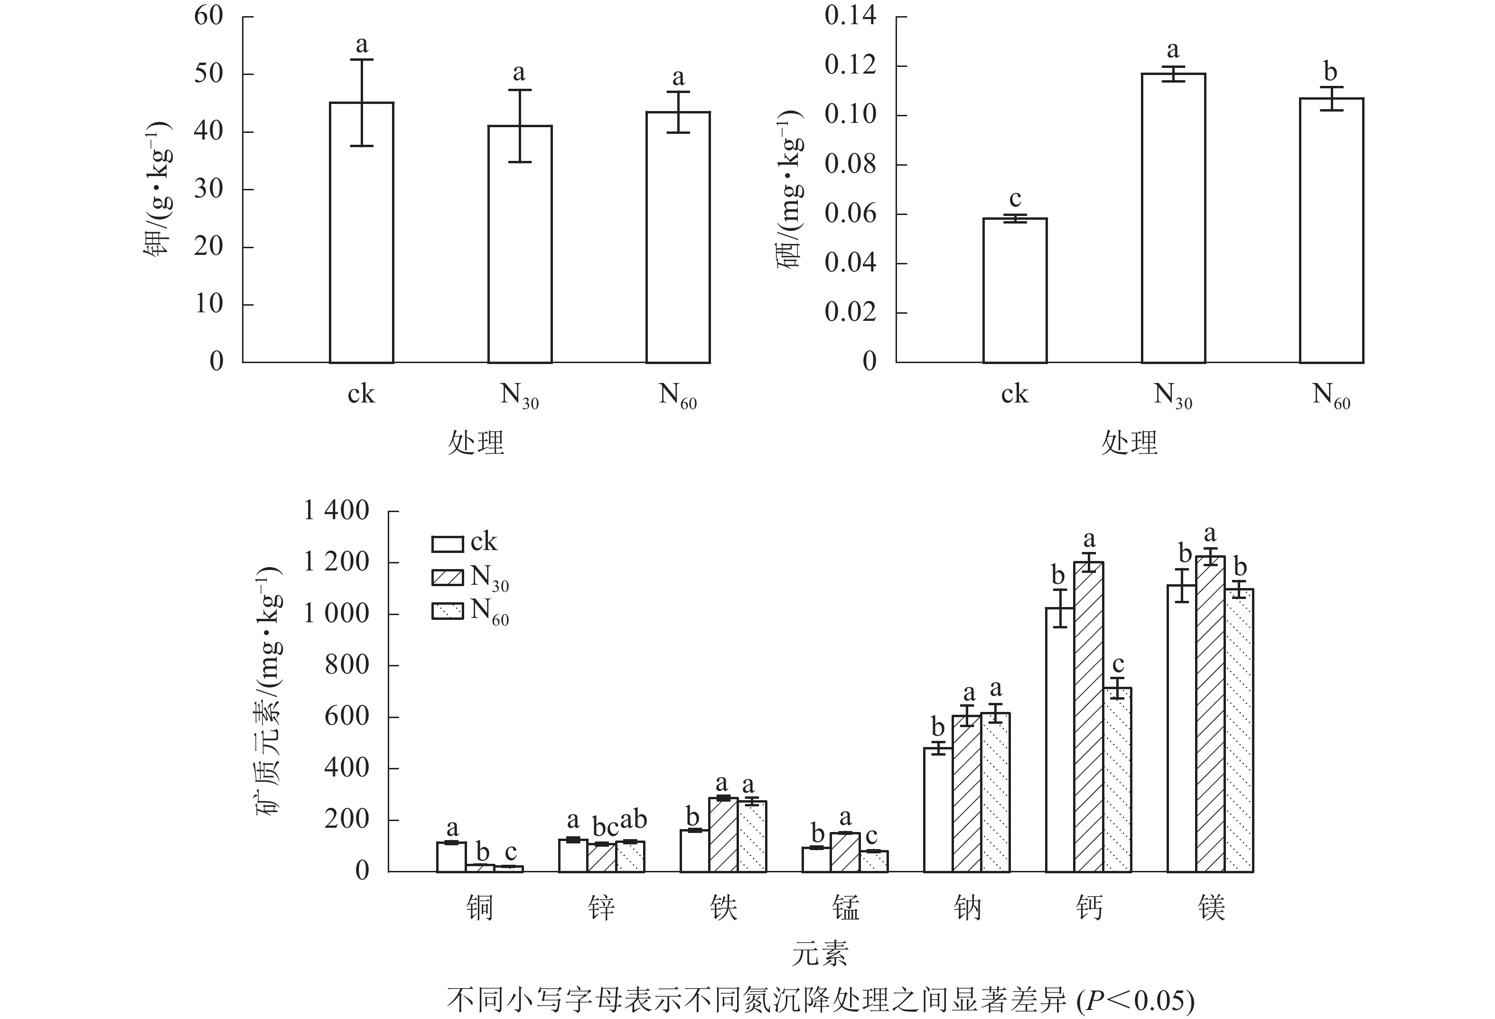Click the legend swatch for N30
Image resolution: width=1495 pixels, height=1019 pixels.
[447, 577]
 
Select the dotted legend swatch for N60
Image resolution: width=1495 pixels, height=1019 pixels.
[447, 611]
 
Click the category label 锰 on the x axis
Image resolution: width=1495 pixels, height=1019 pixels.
[845, 908]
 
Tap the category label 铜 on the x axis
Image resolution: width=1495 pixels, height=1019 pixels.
[479, 908]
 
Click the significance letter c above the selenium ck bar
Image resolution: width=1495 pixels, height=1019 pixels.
[1015, 198]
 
